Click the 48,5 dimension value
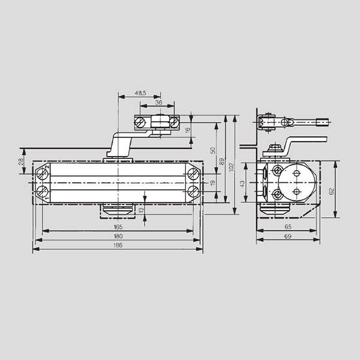click(139, 93)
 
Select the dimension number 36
click(158, 103)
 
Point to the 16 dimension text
click(187, 130)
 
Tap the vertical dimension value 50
click(212, 150)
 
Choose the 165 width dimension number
click(118, 227)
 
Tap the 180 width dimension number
click(118, 236)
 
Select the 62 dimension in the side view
click(331, 191)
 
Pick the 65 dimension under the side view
click(288, 228)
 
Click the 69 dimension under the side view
click(288, 238)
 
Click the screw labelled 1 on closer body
click(43, 192)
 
